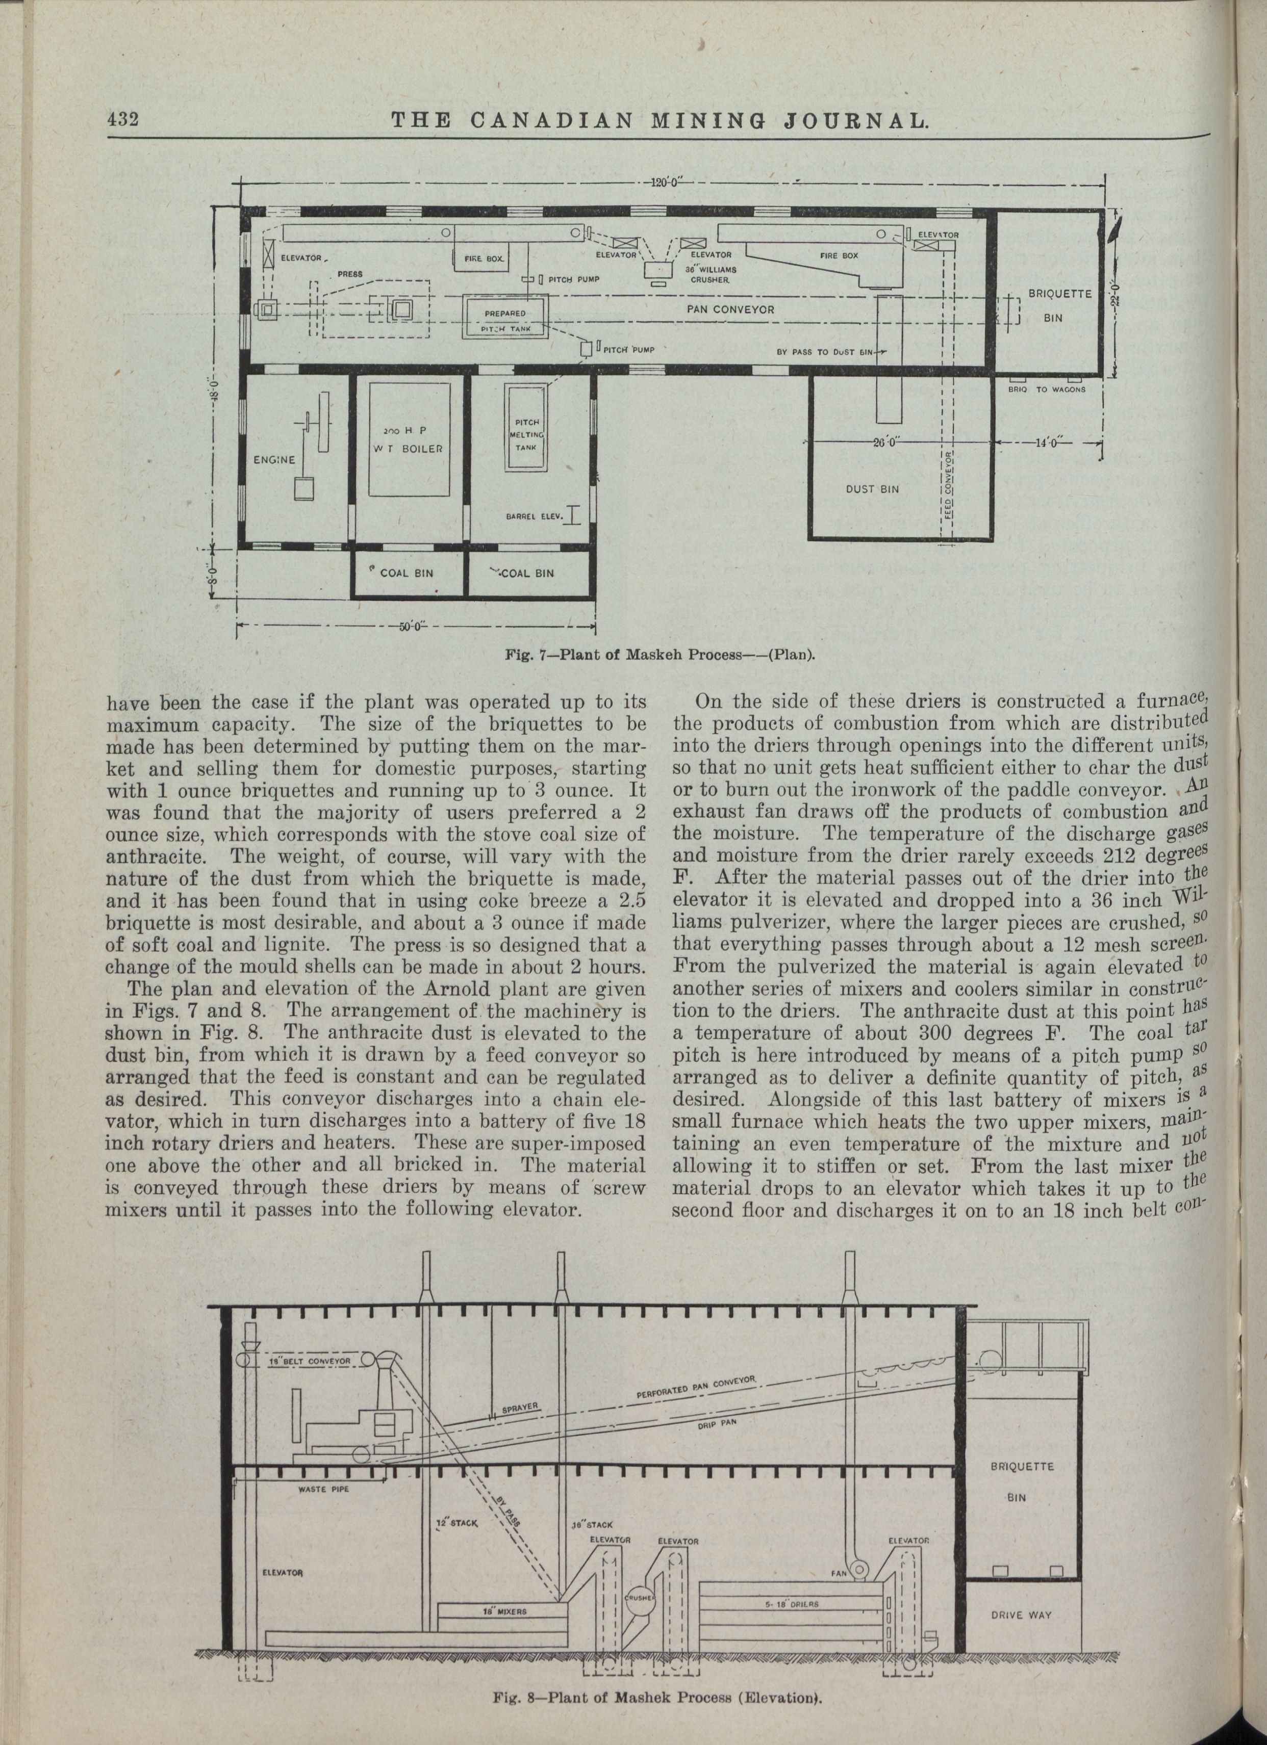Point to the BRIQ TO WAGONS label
point(1046,389)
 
